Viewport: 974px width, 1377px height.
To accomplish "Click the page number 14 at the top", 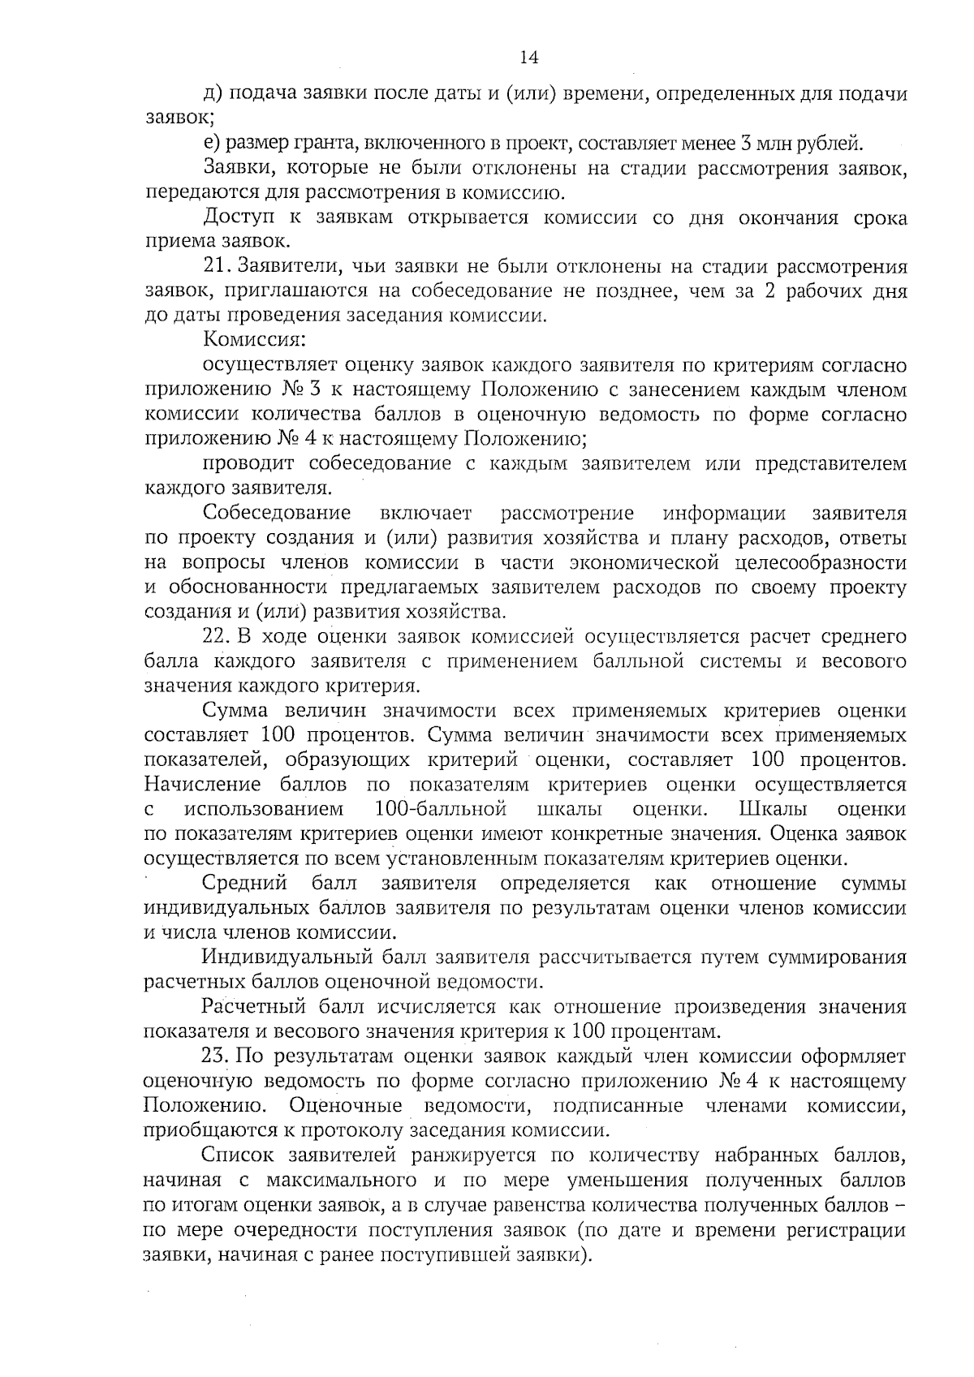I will [528, 57].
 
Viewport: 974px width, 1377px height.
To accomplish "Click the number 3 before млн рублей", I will [744, 144].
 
